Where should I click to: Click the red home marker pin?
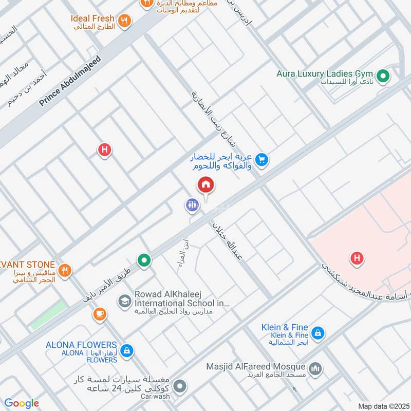pos(206,184)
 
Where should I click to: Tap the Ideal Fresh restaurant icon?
pos(124,21)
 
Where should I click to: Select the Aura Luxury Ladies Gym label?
pos(325,73)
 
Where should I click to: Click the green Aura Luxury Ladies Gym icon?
pos(382,77)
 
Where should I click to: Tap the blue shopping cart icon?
pos(262,160)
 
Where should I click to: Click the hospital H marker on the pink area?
pos(357,258)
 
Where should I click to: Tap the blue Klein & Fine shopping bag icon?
pos(318,333)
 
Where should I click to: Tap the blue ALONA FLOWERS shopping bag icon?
pos(127,351)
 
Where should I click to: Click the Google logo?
pos(22,403)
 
